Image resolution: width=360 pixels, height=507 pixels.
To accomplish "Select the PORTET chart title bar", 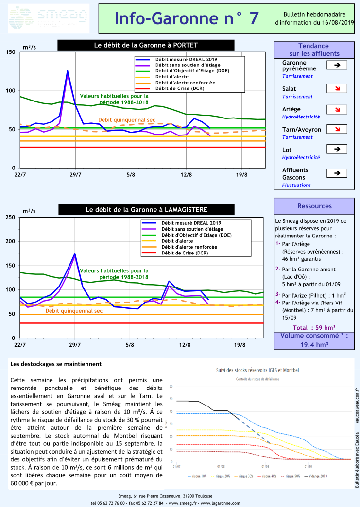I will (x=146, y=45).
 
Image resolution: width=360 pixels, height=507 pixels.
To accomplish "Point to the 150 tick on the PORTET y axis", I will (x=10, y=52).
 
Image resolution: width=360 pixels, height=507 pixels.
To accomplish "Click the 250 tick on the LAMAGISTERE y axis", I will (x=10, y=217).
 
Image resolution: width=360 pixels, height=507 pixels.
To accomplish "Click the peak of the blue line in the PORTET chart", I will (x=68, y=71).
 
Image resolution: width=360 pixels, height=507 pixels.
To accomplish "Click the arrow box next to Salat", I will (x=337, y=88).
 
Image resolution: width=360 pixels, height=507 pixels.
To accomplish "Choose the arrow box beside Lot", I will (x=337, y=149).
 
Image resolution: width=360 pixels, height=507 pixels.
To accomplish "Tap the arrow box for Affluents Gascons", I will (x=337, y=172).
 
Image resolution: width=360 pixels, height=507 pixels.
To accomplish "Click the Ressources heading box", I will (x=314, y=206).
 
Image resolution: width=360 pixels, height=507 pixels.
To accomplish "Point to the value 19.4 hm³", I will (x=314, y=344).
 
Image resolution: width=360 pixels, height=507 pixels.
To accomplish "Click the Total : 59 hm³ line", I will (x=314, y=327).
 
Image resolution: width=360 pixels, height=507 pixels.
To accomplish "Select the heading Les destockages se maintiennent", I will (x=56, y=363).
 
